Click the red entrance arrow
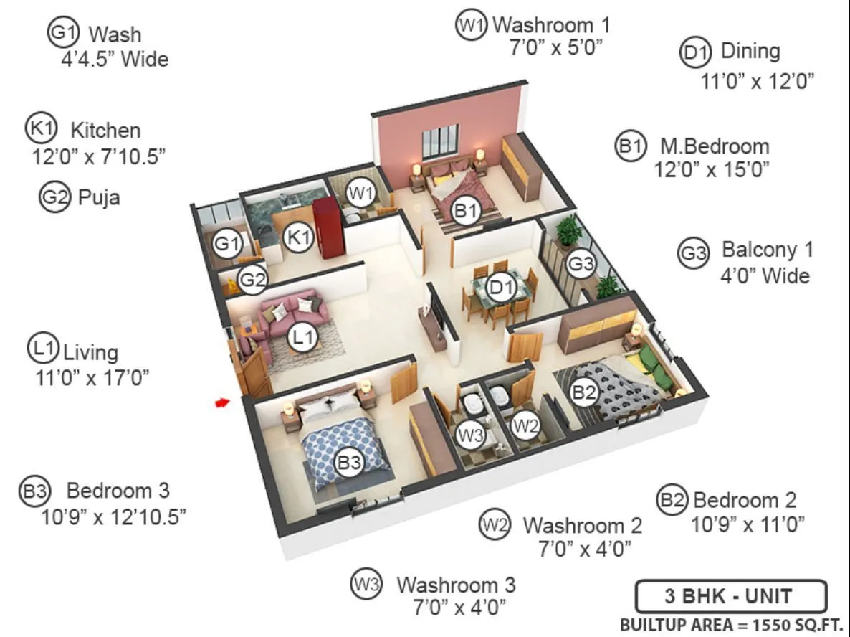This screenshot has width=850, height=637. tap(222, 403)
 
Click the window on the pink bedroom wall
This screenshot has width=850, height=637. tap(439, 141)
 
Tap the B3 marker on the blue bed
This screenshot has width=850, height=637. tap(349, 463)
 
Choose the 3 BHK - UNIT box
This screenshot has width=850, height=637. tap(730, 597)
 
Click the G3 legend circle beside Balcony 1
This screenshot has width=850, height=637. tap(693, 253)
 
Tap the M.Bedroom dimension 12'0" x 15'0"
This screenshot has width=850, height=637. tap(711, 170)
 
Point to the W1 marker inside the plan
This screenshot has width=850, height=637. tap(360, 192)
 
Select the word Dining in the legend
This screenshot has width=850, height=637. tap(750, 52)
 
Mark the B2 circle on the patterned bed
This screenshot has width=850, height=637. tap(583, 392)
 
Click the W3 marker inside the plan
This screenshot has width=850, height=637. tap(471, 434)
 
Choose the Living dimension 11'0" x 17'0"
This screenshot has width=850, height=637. tap(92, 378)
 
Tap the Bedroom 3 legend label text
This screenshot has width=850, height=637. tap(118, 491)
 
